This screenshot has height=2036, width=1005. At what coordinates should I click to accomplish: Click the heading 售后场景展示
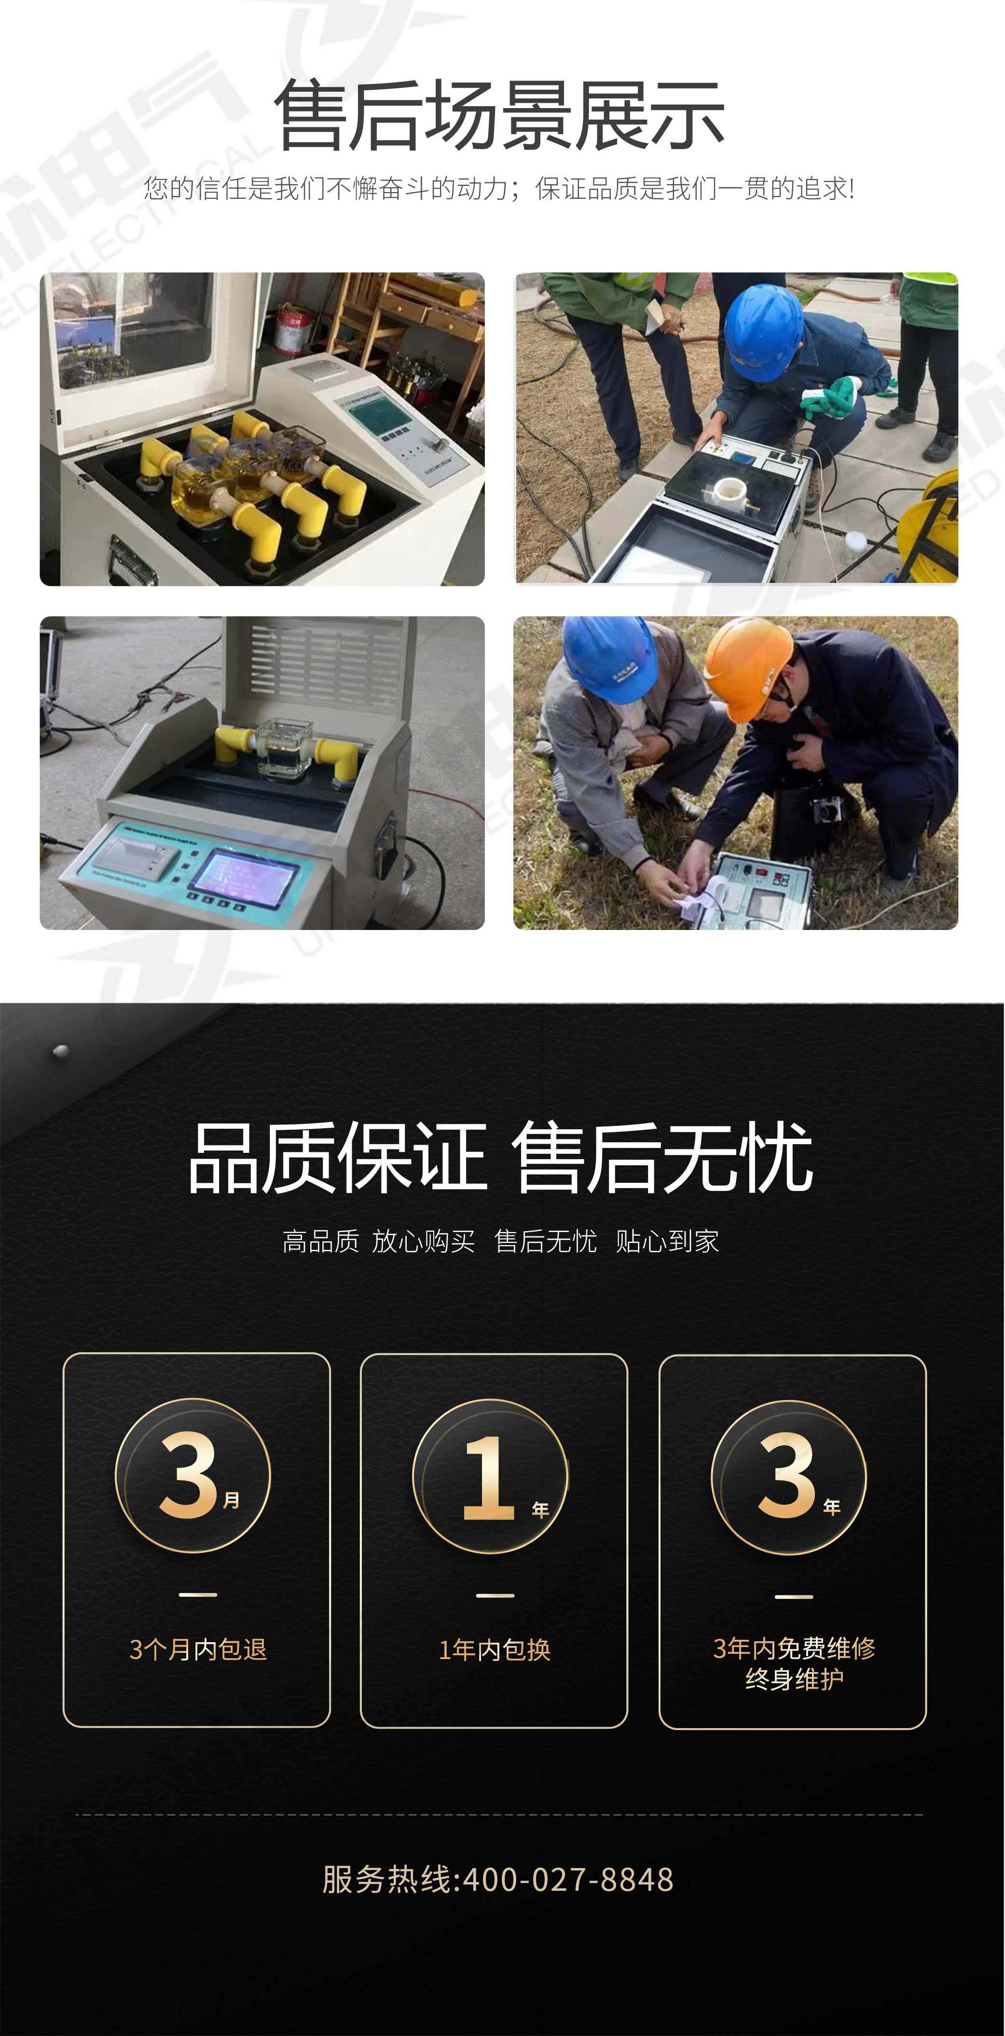(499, 115)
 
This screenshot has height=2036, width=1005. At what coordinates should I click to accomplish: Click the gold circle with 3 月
(193, 1476)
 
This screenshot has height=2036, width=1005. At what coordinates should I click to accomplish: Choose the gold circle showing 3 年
(788, 1476)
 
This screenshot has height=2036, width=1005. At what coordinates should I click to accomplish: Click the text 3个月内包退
(197, 1649)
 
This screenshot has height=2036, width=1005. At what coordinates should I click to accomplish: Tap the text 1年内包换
(495, 1649)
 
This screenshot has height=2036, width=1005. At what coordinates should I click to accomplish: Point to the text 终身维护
(794, 1679)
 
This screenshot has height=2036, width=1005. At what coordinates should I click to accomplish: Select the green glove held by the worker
(829, 395)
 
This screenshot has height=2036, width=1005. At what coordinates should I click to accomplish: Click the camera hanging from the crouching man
(827, 808)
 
